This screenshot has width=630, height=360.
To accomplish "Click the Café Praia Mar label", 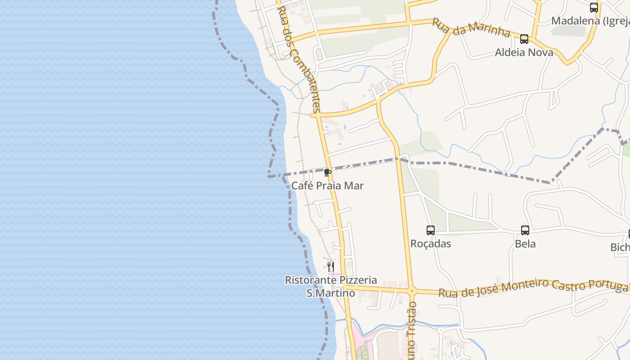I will (x=327, y=185).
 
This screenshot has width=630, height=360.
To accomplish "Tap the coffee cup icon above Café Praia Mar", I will (x=328, y=172).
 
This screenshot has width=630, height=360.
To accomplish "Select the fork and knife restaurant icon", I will (x=331, y=267).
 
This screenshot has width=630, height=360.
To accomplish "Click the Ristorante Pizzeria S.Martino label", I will (x=331, y=287).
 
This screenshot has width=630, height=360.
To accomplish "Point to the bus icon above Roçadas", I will (x=431, y=230).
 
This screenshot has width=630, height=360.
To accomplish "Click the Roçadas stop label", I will (x=431, y=243).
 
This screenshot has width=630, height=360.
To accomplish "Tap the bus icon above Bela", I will (x=525, y=230).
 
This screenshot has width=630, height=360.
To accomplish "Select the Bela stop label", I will (x=525, y=243).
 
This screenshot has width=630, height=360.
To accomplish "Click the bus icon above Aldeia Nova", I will (x=524, y=39).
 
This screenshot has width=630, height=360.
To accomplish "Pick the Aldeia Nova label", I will (x=524, y=52).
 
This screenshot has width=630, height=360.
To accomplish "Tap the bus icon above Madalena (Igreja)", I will (x=594, y=8).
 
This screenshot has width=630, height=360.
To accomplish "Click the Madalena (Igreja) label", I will (x=590, y=21).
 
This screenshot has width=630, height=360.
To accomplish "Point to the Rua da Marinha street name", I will (x=471, y=28).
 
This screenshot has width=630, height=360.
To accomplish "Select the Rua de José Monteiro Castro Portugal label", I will (x=533, y=288).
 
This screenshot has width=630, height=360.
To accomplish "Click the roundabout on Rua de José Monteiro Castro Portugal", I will (x=411, y=291).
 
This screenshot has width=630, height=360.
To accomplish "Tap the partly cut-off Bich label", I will (x=620, y=247).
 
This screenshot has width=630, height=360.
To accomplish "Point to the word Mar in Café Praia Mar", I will (x=355, y=185).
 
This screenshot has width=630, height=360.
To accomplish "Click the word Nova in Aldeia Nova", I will (x=540, y=52).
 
